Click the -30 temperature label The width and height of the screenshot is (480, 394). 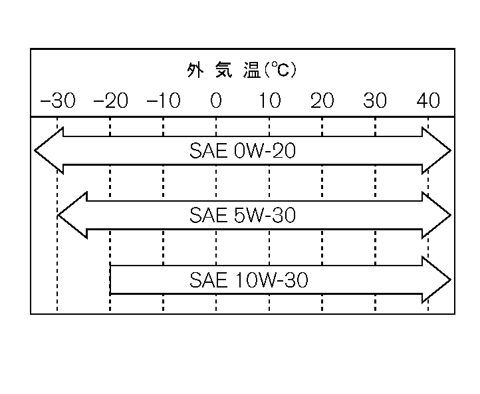tap(58, 101)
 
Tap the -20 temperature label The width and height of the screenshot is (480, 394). tap(110, 101)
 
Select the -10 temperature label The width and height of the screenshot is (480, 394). tap(163, 101)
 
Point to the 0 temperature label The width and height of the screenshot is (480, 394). tap(216, 101)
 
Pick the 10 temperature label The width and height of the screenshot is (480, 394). tap(269, 101)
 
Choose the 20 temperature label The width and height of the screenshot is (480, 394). tap(322, 101)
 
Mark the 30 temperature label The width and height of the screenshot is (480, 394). tap(375, 101)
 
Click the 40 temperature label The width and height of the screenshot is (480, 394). tap(428, 101)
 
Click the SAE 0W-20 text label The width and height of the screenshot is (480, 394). tap(243, 151)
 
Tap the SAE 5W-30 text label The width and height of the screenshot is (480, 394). tap(243, 216)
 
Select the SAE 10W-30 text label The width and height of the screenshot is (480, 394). tap(249, 280)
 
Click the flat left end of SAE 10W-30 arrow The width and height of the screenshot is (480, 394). tap(112, 280)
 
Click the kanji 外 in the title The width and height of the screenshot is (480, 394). tap(194, 71)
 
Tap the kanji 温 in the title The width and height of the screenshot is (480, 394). tap(251, 71)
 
